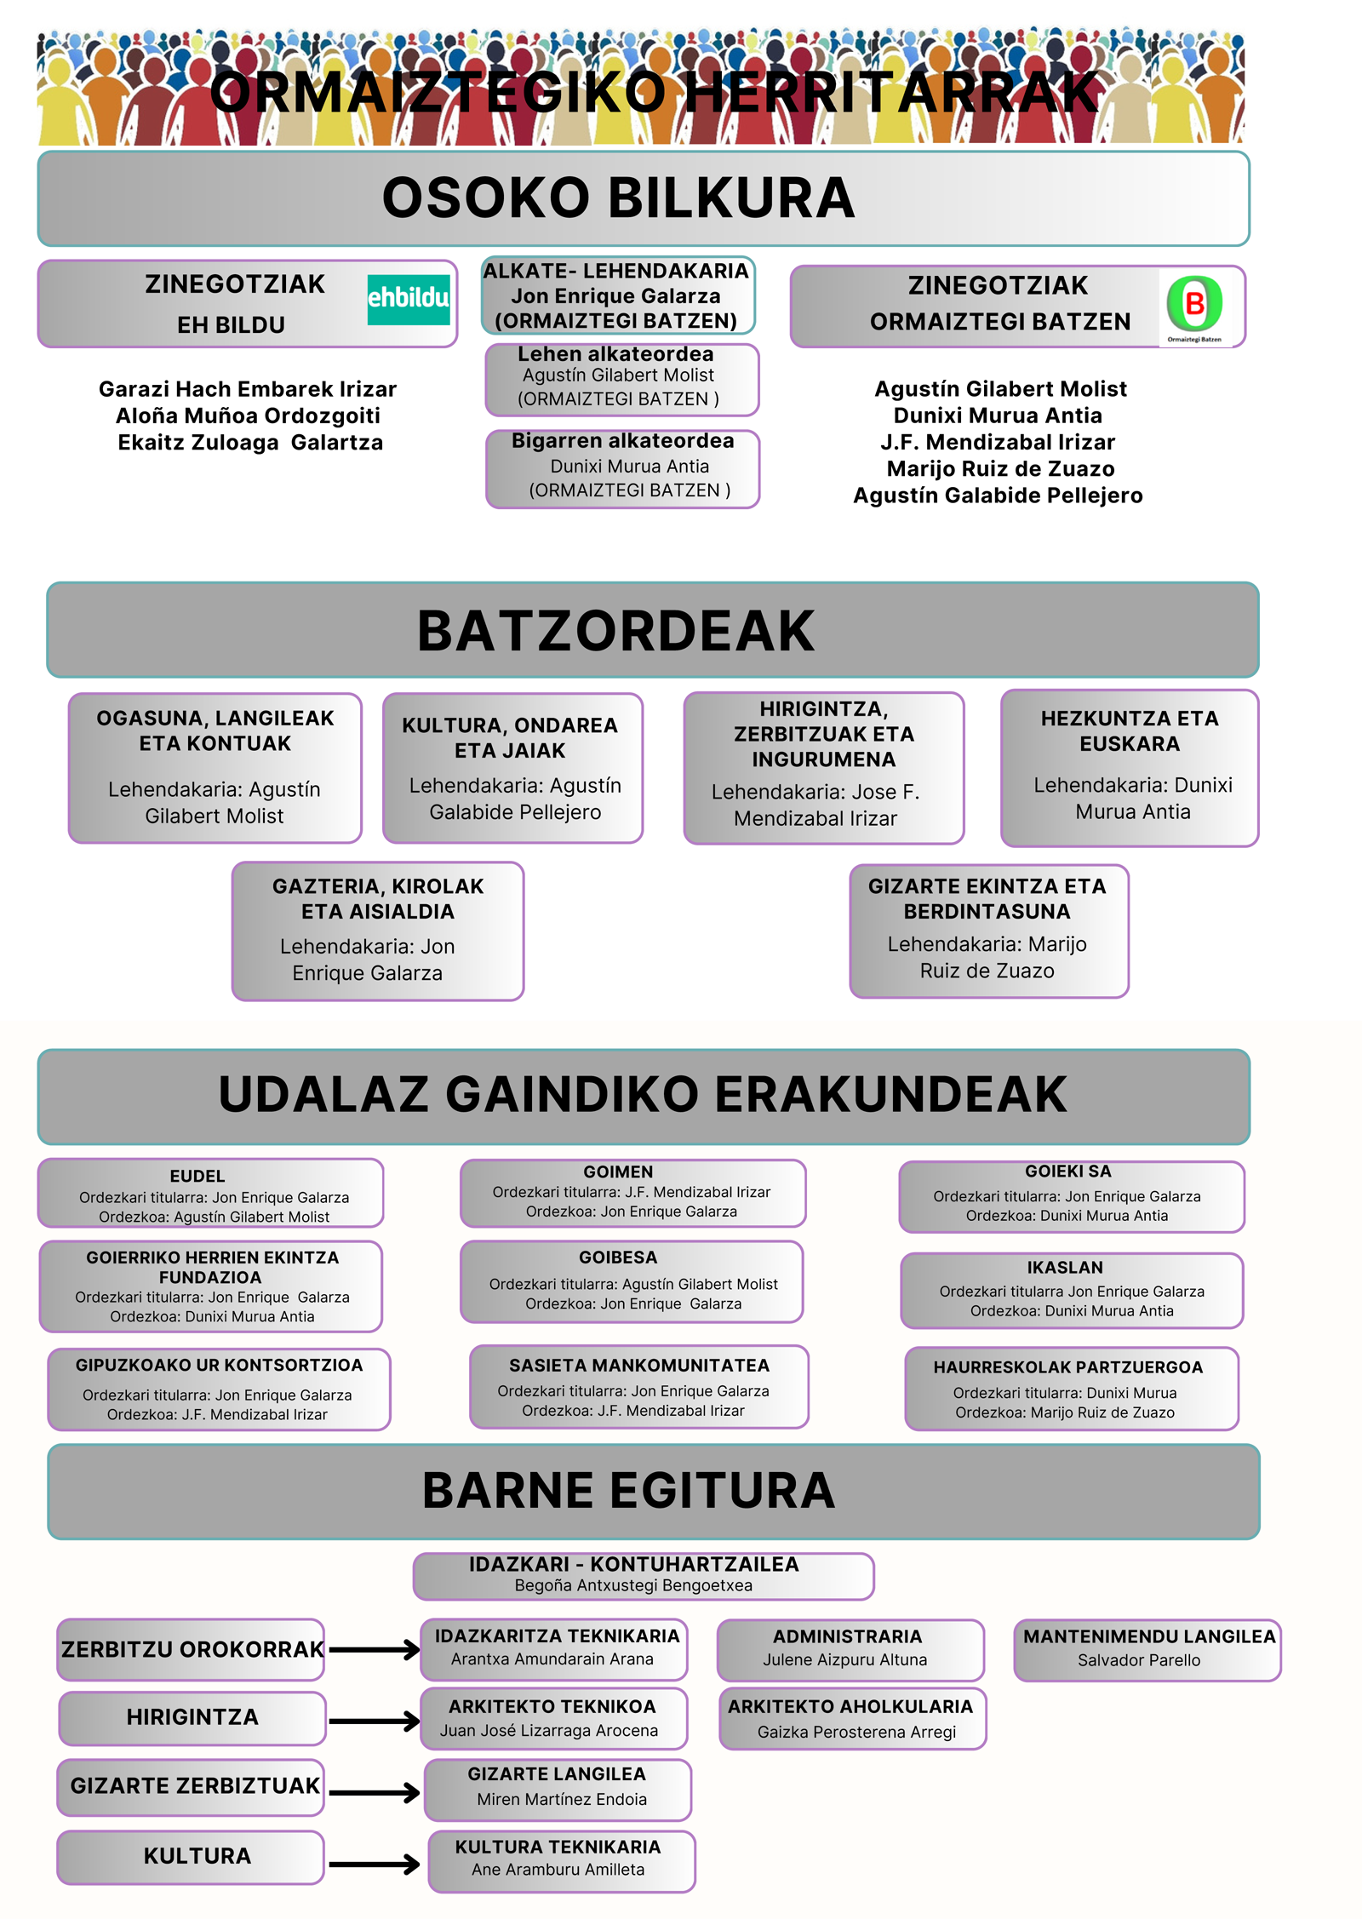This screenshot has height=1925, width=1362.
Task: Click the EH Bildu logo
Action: click(x=409, y=299)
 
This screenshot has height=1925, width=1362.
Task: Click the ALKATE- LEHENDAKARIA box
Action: click(x=617, y=295)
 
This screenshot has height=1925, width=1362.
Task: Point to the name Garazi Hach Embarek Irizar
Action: click(x=248, y=389)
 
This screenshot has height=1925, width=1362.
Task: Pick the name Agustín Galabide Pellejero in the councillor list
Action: click(x=998, y=496)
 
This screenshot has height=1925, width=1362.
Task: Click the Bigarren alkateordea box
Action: click(x=622, y=469)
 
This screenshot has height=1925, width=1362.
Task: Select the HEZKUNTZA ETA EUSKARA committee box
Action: click(x=1130, y=768)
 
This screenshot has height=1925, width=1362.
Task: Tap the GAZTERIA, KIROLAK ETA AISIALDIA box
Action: click(x=378, y=931)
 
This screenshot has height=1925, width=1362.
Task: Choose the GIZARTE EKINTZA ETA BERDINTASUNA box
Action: click(x=988, y=931)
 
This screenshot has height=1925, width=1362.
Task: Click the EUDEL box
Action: click(x=211, y=1193)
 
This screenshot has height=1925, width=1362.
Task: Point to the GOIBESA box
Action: click(x=632, y=1281)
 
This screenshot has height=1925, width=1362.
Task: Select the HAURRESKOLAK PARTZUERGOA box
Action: click(x=1071, y=1388)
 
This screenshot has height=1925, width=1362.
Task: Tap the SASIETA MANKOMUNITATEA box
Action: click(x=638, y=1386)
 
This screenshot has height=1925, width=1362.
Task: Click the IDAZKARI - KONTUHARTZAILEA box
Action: click(x=643, y=1576)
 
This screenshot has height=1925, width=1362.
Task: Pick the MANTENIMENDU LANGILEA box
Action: click(x=1147, y=1650)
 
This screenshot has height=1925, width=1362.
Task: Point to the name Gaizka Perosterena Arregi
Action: click(x=856, y=1732)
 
